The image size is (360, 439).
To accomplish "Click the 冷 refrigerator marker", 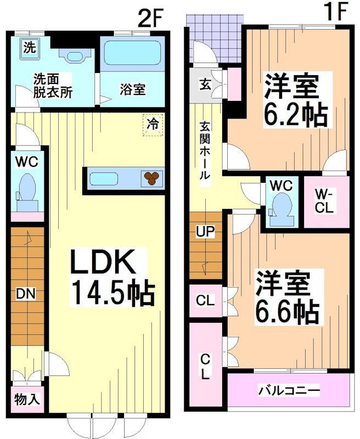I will click(153, 124).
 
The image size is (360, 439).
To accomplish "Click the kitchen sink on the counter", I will click(108, 179).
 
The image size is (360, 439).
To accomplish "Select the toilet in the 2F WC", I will click(26, 188).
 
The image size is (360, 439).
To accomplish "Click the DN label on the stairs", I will click(25, 294).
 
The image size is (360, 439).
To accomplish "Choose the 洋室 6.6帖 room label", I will click(286, 297).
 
